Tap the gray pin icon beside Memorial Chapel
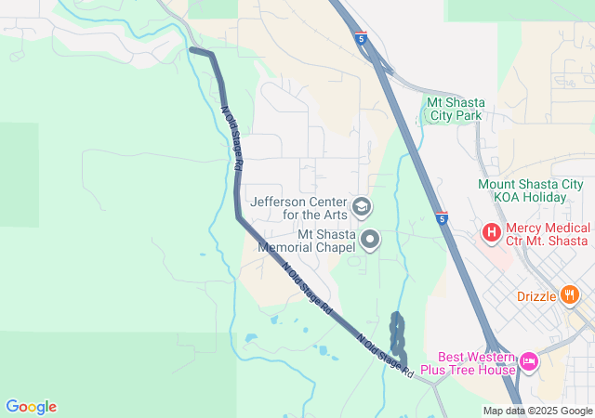pos(371,242)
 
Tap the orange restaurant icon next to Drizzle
pos(570,296)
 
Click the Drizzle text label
pos(535,297)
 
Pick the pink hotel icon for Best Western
pos(529,360)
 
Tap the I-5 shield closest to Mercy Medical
pos(443,218)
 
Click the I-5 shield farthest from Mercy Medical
pos(360,39)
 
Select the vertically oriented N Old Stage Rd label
pos(231,138)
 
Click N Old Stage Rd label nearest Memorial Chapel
pos(308,290)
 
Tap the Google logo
pos(31,407)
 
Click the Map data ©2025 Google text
pos(537,411)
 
